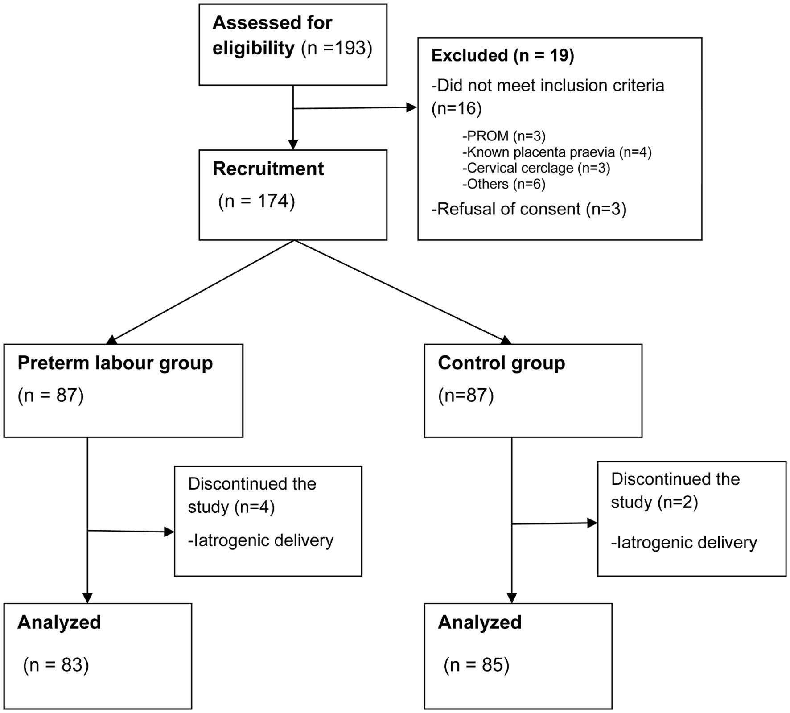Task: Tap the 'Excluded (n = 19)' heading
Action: click(x=502, y=55)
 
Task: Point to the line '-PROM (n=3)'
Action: click(x=504, y=136)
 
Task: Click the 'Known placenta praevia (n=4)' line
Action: click(x=557, y=152)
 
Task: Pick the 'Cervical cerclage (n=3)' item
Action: click(x=536, y=168)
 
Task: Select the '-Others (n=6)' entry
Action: click(x=504, y=184)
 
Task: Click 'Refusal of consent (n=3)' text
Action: click(x=529, y=209)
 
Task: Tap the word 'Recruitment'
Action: click(x=268, y=169)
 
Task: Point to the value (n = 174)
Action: click(x=256, y=201)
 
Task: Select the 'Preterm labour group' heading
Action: click(x=115, y=363)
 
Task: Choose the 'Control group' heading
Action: click(x=501, y=363)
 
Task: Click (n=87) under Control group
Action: click(x=466, y=396)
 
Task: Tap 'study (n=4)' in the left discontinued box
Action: click(x=231, y=507)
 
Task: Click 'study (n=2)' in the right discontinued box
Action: click(x=654, y=502)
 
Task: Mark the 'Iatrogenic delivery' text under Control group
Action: click(x=684, y=543)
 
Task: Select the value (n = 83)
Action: click(x=56, y=665)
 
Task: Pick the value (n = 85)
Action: click(x=476, y=665)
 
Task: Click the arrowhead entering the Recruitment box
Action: click(x=293, y=144)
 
